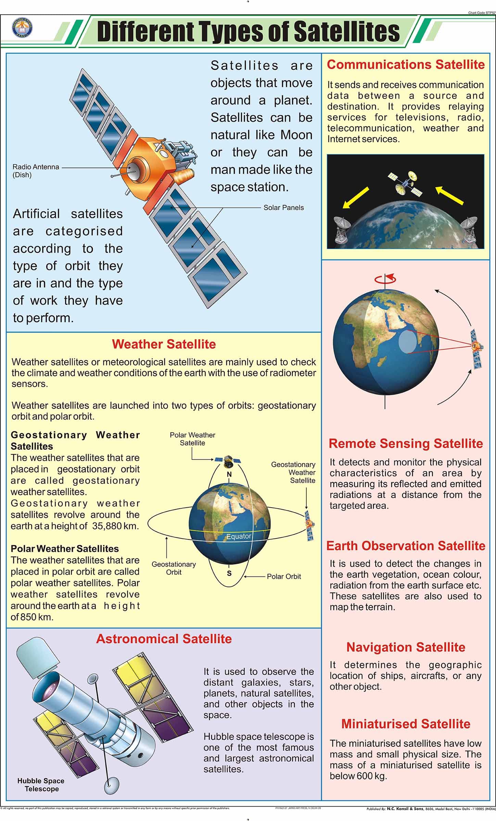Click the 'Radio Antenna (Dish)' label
tap(36, 171)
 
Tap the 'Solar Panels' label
tap(283, 207)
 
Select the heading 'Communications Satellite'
tap(406, 65)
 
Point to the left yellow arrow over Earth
tap(356, 198)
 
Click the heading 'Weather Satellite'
tap(164, 344)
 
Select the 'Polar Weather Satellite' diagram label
tap(192, 439)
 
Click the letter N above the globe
tap(229, 474)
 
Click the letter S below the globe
tap(229, 574)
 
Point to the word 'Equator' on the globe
tap(239, 536)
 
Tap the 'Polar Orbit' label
tap(284, 576)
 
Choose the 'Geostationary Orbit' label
tap(174, 568)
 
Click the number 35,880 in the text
tap(107, 526)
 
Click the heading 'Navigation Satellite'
tap(406, 647)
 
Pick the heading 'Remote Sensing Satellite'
tap(406, 443)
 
